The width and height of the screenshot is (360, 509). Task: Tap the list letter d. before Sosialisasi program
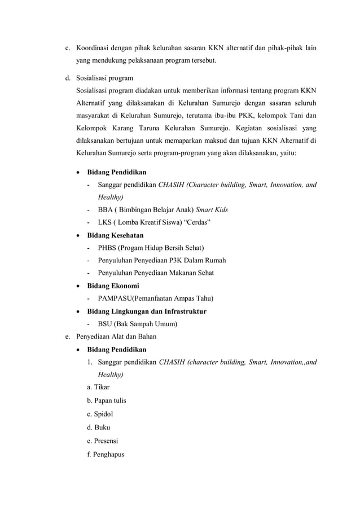(x=65, y=78)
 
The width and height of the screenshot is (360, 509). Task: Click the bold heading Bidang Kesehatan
(x=115, y=235)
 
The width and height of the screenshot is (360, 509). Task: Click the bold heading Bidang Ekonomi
(x=112, y=286)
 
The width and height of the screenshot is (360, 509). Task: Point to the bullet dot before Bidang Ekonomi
(x=78, y=286)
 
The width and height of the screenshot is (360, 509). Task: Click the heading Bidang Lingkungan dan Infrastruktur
(x=146, y=311)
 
